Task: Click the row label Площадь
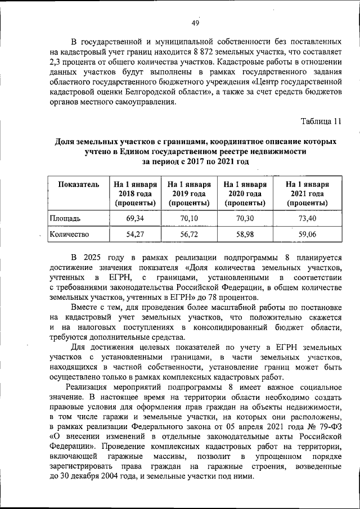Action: coord(66,217)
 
